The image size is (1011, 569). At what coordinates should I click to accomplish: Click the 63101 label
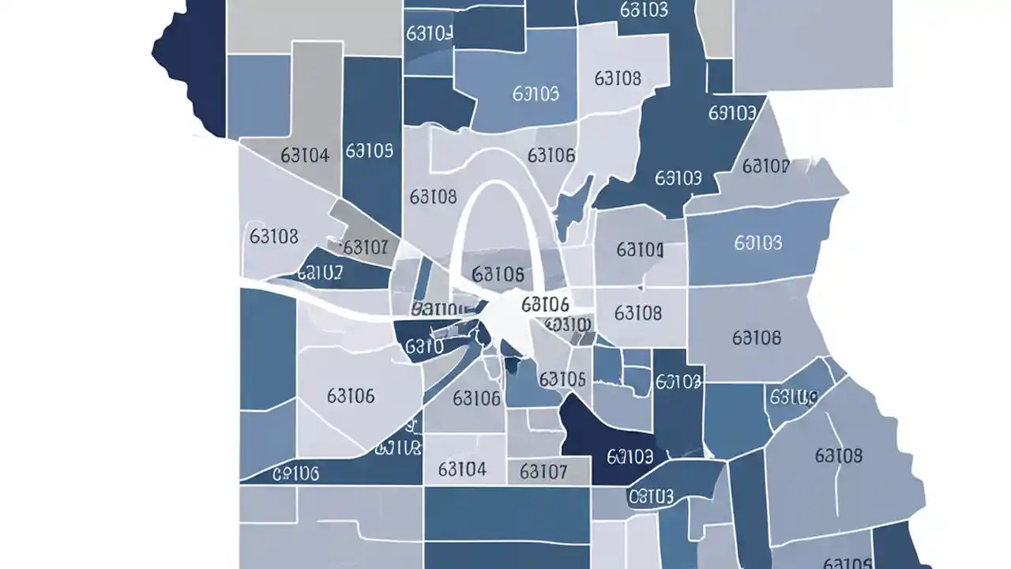pos(639,251)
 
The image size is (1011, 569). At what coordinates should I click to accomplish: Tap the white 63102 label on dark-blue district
pos(319,273)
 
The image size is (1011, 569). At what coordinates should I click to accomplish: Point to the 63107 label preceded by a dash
pos(364,247)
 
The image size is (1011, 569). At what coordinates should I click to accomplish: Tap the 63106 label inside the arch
pos(498,275)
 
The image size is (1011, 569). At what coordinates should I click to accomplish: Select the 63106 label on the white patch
pos(545,304)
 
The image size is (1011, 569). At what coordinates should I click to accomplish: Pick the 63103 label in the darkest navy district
pos(629,456)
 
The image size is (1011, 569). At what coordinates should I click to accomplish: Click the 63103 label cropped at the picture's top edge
pos(644,9)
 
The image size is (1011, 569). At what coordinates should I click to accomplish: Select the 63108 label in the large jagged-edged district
pos(838,456)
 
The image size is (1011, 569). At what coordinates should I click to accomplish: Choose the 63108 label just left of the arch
pos(433,195)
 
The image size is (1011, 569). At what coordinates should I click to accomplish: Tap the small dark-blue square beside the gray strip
pos(719,77)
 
